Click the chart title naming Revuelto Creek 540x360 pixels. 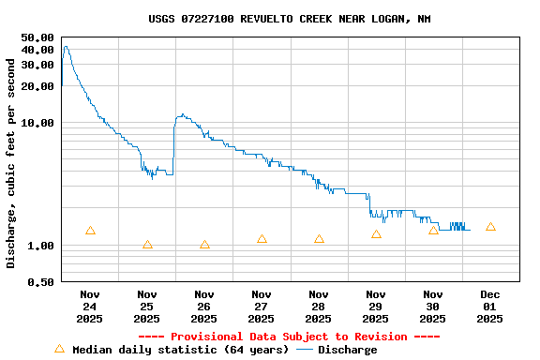click(290, 19)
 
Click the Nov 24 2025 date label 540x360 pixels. click(90, 307)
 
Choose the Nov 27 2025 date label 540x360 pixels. click(262, 307)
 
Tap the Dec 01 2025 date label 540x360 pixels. click(490, 307)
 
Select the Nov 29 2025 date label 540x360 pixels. click(376, 307)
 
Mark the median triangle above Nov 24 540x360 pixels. click(90, 231)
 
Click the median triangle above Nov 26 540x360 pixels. click(204, 245)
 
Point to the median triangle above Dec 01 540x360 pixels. click(490, 227)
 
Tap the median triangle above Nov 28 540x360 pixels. click(319, 239)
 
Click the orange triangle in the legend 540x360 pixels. click(59, 349)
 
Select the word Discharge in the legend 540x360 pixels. click(347, 350)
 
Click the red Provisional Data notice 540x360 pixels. click(289, 337)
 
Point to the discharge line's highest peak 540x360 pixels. click(65, 46)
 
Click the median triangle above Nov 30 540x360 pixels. click(433, 230)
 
